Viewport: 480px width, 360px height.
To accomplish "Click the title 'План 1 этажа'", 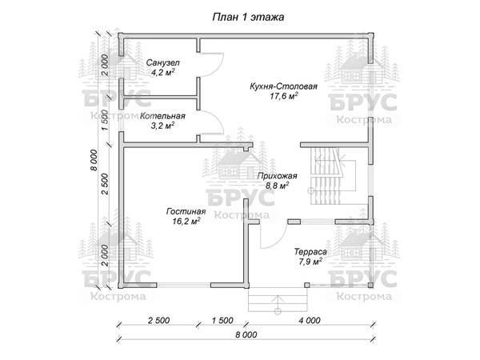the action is (x=248, y=17).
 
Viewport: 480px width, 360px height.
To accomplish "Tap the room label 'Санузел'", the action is (x=163, y=62).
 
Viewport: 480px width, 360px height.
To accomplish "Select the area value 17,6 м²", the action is (x=284, y=96).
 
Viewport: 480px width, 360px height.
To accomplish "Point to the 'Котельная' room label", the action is (x=162, y=116).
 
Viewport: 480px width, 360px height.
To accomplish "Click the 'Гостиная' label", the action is (x=186, y=211).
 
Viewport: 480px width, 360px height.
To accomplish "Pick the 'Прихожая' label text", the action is (x=278, y=176).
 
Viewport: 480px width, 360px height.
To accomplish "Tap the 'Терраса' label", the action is (x=310, y=252).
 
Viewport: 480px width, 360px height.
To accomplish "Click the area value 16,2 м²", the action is (x=186, y=221).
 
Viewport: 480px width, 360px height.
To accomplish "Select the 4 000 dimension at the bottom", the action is (x=310, y=321).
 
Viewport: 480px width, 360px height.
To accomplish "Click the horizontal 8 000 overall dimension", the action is (x=246, y=334).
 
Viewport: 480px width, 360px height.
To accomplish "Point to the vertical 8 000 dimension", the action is (x=94, y=160).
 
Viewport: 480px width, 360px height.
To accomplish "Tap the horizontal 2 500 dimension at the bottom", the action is (x=158, y=321).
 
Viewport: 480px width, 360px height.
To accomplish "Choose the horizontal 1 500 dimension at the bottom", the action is (x=222, y=321).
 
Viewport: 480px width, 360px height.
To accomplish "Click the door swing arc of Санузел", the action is (x=218, y=69).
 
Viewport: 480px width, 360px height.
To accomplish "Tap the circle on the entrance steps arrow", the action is (x=278, y=311).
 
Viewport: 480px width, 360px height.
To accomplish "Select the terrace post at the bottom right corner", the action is (x=370, y=285).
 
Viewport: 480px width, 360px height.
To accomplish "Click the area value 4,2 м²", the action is (x=163, y=72).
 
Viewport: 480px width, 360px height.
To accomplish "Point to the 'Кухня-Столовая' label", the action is (x=283, y=86).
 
